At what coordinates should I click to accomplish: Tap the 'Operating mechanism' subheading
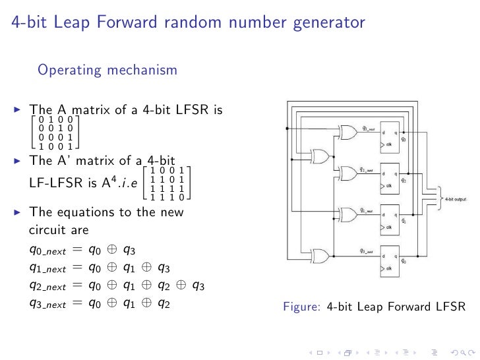107,70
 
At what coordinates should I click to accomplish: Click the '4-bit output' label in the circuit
456,197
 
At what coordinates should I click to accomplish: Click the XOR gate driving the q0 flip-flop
322,255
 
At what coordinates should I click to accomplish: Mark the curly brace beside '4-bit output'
438,197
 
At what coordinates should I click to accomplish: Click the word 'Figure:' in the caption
302,307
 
